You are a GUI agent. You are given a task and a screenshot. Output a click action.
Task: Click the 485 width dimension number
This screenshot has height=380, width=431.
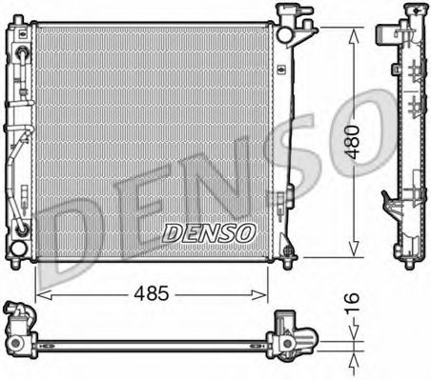pyautogui.click(x=152, y=293)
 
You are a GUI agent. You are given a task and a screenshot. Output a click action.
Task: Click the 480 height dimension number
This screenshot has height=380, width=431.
pyautogui.click(x=353, y=142)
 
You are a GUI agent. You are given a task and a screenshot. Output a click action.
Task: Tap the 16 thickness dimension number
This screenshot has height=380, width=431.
pyautogui.click(x=352, y=303)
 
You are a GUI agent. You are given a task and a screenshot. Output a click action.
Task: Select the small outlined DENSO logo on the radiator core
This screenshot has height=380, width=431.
pyautogui.click(x=209, y=232)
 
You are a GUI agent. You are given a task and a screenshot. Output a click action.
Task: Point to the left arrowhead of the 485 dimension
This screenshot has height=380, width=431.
pyautogui.click(x=44, y=295)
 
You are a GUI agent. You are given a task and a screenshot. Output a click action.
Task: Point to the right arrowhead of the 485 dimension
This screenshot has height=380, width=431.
pyautogui.click(x=259, y=295)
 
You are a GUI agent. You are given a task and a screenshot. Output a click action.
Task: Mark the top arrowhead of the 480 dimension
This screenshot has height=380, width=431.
pyautogui.click(x=354, y=34)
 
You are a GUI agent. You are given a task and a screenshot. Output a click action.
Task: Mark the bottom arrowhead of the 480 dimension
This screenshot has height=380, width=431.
pyautogui.click(x=354, y=250)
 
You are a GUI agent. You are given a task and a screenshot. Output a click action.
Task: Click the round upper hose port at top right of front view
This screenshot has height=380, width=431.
pyautogui.click(x=284, y=34)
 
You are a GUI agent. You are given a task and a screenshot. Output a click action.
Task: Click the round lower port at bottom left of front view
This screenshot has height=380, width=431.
pyautogui.click(x=18, y=249)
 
